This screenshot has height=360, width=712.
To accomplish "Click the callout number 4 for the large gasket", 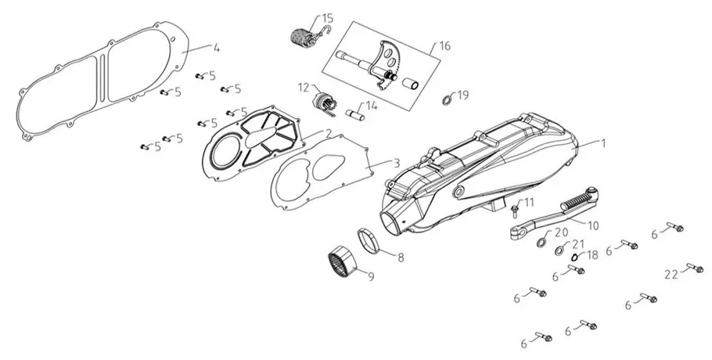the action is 217,48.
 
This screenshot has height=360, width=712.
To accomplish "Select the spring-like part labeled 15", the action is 304,35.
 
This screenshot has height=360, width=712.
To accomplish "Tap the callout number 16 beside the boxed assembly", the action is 445,46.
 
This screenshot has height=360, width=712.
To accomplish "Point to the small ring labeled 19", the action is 448,99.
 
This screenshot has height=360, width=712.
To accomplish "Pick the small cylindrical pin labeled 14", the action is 354,114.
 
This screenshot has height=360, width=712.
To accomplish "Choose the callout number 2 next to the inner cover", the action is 327,132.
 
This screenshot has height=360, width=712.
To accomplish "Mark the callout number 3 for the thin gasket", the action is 397,163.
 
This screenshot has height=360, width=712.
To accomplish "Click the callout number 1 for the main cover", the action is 603,143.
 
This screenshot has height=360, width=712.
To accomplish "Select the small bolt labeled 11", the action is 515,209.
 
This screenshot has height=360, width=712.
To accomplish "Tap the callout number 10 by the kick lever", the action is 593,225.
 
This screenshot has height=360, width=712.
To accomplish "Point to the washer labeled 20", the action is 541,242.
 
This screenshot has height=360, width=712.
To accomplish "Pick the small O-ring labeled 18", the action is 574,257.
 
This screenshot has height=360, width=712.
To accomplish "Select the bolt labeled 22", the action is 695,268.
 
